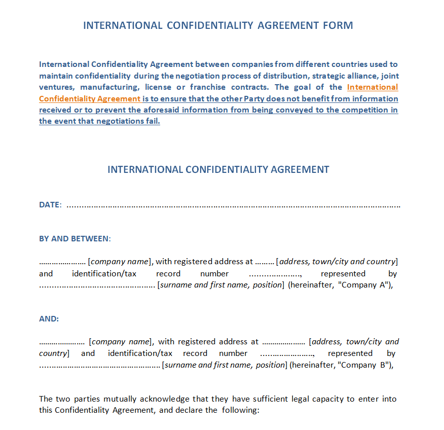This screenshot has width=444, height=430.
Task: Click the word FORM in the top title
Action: pos(338,25)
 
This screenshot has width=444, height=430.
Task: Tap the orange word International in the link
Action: pos(373,87)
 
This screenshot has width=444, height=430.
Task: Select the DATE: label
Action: pos(50,205)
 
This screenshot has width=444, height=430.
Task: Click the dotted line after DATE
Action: pos(233,206)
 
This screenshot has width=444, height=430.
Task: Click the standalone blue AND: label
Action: pos(49,319)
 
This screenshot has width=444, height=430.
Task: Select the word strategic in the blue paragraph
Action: pos(335,76)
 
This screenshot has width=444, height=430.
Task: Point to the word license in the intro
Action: pos(158,87)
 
